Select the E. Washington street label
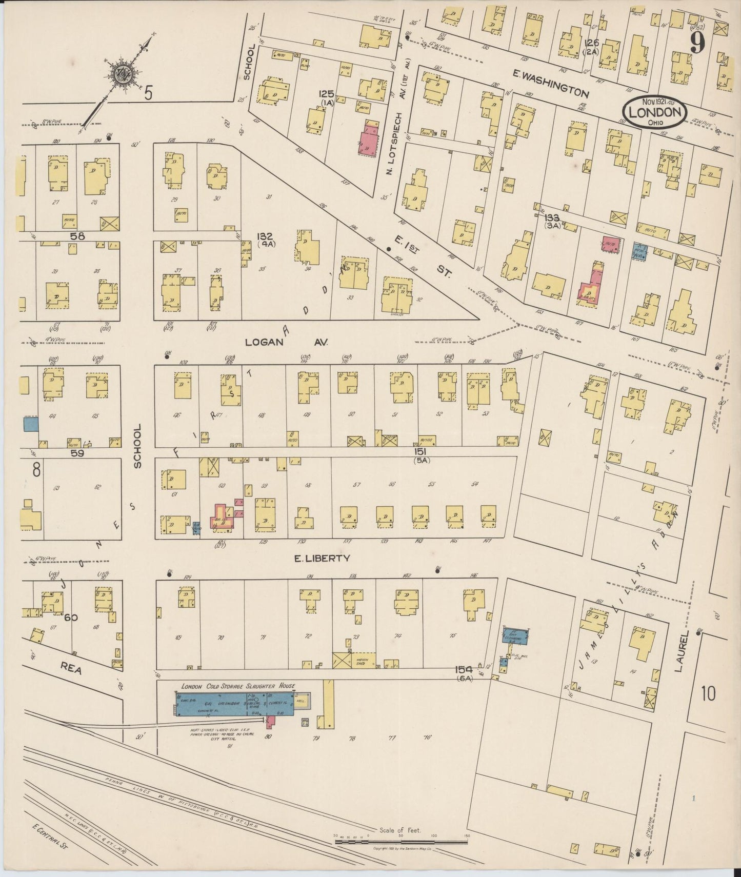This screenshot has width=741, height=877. click(x=551, y=84)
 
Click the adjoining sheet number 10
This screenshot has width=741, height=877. click(x=709, y=694)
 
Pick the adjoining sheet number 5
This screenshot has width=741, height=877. click(x=149, y=93)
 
